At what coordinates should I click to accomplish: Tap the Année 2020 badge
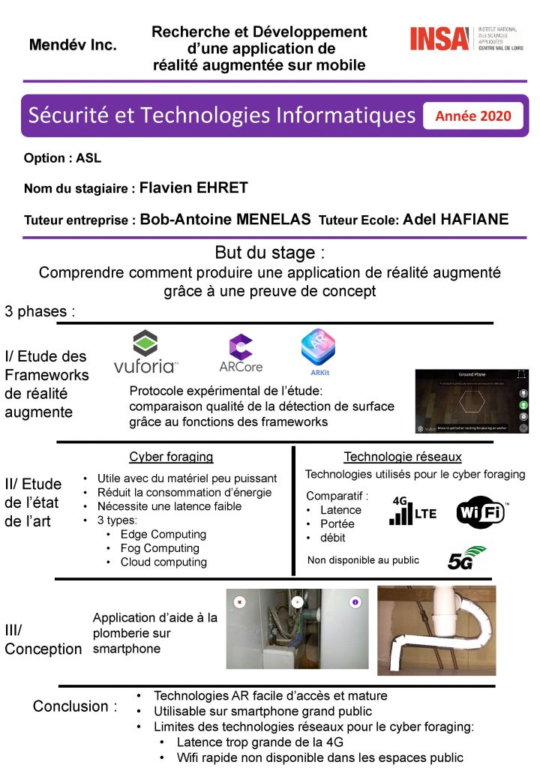(472, 115)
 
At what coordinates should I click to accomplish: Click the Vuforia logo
(145, 352)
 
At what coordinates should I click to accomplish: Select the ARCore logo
(240, 353)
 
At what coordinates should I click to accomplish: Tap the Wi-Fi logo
(481, 512)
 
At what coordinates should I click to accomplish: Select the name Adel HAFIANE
(455, 220)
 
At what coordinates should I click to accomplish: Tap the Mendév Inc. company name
(73, 45)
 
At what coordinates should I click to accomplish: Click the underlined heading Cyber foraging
(171, 457)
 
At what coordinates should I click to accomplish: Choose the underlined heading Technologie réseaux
(403, 457)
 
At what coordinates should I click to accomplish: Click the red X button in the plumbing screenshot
(239, 601)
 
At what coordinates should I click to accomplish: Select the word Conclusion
(70, 706)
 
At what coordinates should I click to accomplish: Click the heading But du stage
(270, 252)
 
